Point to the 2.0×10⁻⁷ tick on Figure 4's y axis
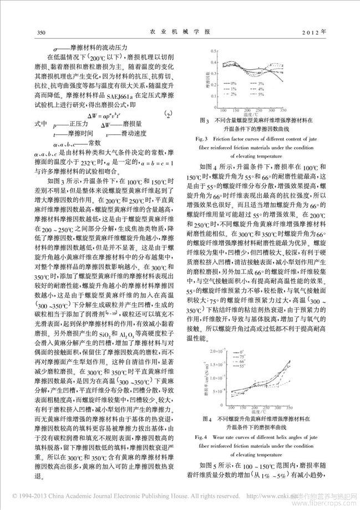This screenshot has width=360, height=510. coord(211,352)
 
